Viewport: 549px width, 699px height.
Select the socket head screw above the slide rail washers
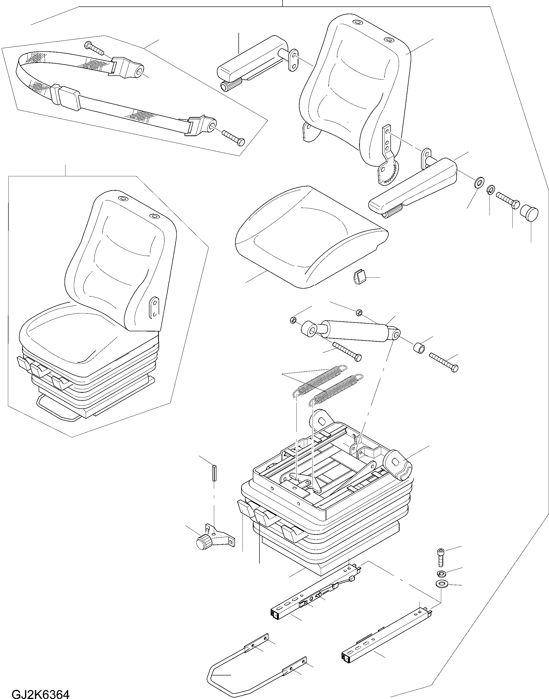pos(441,557)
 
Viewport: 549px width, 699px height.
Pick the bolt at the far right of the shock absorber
pos(444,362)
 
